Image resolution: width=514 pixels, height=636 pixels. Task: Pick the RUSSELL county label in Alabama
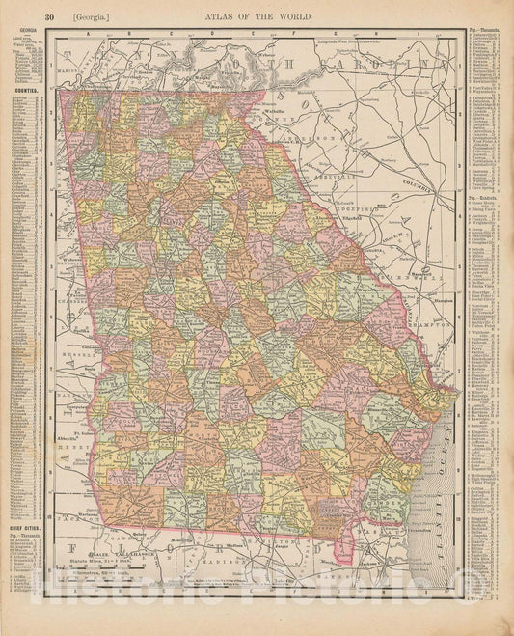click(x=68, y=352)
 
